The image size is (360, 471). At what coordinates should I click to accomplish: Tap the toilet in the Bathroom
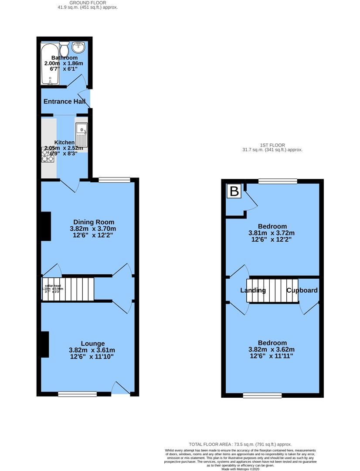(65, 46)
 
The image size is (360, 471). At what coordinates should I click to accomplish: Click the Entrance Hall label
(64, 101)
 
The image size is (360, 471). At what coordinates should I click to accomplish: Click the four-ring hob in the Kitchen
(48, 154)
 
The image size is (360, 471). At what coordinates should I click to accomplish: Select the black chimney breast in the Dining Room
(46, 226)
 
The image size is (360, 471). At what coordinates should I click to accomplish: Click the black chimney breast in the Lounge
(44, 345)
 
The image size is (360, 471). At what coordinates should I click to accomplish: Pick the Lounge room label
(92, 343)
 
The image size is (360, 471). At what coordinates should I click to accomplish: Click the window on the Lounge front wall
(78, 394)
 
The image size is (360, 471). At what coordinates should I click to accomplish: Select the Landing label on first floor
(253, 290)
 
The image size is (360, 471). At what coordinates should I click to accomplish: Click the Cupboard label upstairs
(302, 290)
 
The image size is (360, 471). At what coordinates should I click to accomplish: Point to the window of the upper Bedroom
(278, 181)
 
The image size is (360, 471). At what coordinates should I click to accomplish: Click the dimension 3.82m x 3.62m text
(272, 349)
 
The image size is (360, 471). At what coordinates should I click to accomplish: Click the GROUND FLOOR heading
(88, 3)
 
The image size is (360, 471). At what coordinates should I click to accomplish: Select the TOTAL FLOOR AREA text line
(240, 444)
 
